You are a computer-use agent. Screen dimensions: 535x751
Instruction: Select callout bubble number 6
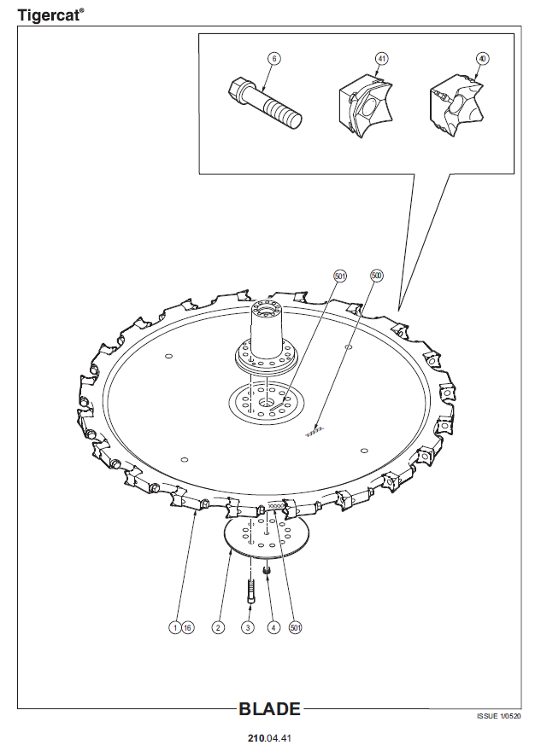[x=274, y=59]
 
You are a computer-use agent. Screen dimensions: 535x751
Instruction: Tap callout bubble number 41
[x=381, y=59]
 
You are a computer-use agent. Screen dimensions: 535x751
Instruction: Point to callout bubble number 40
[x=482, y=59]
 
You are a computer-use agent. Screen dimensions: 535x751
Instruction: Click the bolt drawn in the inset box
[x=264, y=103]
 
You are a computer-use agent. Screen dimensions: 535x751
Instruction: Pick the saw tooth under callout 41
[x=366, y=105]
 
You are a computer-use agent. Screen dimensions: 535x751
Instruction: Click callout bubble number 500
[x=377, y=276]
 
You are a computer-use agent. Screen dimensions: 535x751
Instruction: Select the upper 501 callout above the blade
[x=340, y=276]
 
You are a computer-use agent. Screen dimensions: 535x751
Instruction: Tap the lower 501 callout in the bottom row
[x=296, y=627]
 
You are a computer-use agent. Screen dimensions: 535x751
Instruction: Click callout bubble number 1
[x=175, y=627]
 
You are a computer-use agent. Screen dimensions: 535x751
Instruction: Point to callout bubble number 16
[x=188, y=627]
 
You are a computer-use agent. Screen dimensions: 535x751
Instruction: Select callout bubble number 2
[x=218, y=627]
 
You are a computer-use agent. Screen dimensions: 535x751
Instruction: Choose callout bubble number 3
[x=248, y=627]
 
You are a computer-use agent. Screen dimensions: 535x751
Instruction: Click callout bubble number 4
[x=273, y=627]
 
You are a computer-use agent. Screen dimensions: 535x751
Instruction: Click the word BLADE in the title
[x=270, y=709]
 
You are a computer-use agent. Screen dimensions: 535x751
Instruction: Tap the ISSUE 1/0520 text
[x=498, y=717]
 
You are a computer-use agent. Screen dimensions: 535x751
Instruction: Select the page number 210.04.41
[x=269, y=738]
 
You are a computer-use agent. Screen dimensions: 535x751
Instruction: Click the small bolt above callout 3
[x=251, y=591]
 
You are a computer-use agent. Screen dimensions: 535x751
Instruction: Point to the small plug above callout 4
[x=267, y=570]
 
